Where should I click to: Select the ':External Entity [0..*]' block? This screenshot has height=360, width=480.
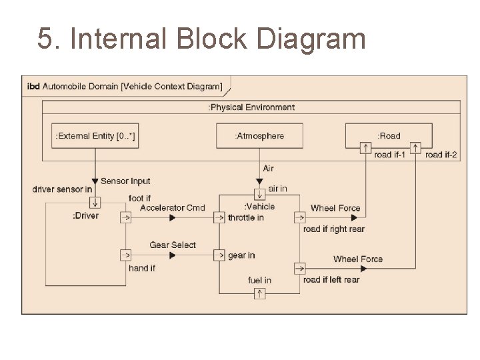point(95,136)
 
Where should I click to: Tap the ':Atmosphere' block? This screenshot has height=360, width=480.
point(259,136)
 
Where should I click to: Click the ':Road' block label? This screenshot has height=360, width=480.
point(389,136)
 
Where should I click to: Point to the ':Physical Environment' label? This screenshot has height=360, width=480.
point(251,107)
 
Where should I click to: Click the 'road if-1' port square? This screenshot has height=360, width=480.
point(365,147)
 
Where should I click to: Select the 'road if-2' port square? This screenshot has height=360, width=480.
point(416,147)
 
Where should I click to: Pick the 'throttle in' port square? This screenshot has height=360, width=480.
point(219,217)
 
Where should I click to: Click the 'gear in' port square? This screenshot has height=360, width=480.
point(219,255)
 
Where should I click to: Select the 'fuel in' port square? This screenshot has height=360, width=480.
point(259,293)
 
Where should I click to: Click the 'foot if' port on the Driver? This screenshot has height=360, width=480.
point(125,217)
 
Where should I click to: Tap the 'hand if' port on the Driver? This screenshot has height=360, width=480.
point(125,255)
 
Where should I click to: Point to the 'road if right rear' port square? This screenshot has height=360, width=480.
point(299,217)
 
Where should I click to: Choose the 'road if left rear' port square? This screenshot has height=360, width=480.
point(299,269)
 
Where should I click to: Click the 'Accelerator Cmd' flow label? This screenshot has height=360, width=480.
point(173,208)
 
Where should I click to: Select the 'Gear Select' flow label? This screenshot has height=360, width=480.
point(173,245)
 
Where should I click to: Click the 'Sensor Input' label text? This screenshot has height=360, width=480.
point(125,181)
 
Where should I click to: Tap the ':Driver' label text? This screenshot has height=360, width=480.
point(85,216)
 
